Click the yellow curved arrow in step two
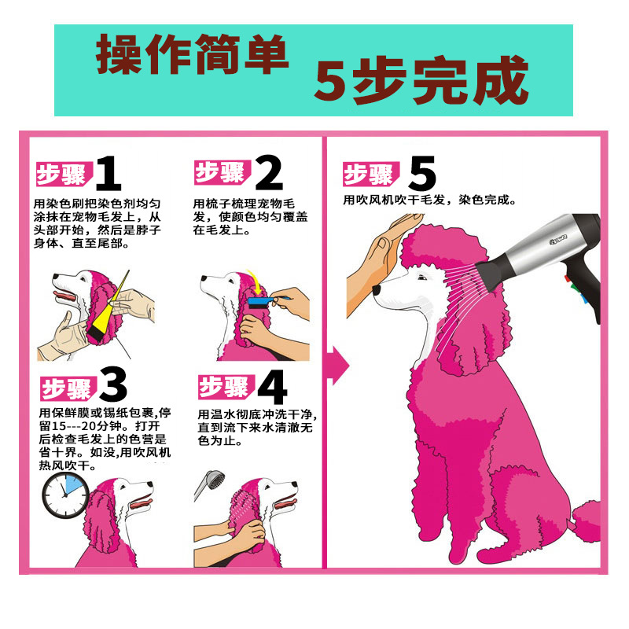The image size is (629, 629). pos(255,281)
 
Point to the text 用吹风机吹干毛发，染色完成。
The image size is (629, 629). pos(429,200)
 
